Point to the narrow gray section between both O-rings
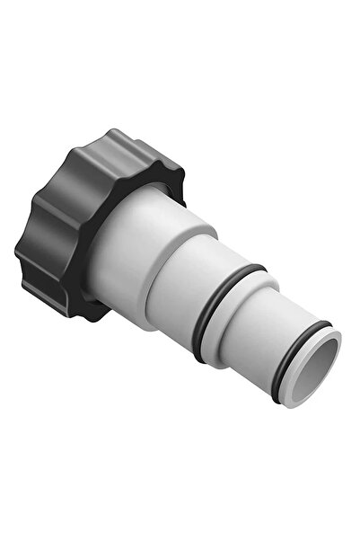point(251,328)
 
